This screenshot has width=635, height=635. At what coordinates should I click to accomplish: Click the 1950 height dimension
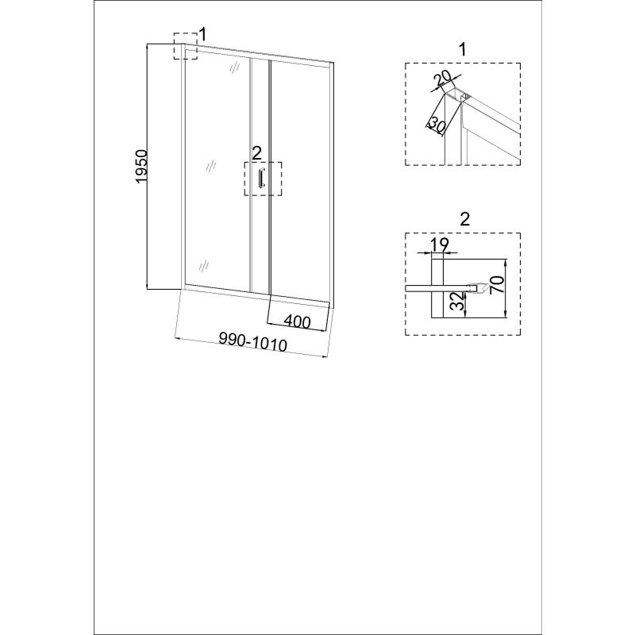tap(141, 166)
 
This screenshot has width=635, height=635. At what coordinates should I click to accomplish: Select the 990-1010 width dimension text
tap(252, 343)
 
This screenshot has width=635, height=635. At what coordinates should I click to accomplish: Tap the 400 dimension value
tap(297, 321)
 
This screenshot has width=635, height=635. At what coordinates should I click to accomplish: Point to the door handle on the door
tap(261, 178)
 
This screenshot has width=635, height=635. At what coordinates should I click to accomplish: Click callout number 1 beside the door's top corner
tap(202, 34)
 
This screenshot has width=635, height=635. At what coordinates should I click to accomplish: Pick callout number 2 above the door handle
tap(256, 153)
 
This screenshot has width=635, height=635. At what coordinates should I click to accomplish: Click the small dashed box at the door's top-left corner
tap(186, 46)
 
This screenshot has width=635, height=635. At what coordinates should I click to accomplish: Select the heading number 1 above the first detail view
tap(462, 49)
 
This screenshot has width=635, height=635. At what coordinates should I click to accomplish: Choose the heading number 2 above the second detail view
tap(465, 219)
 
